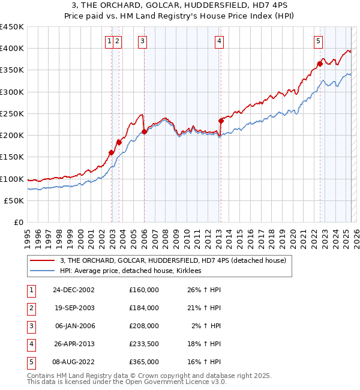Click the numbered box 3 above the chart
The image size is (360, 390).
click(143, 41)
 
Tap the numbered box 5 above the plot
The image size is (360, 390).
click(317, 41)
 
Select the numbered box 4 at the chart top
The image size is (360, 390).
click(220, 41)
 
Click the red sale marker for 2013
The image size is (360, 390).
click(221, 121)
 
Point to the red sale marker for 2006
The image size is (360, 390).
click(144, 132)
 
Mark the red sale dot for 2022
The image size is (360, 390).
click(320, 63)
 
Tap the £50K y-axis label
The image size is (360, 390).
click(14, 201)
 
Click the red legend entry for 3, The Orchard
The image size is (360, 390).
click(174, 260)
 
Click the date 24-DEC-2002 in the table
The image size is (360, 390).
click(74, 290)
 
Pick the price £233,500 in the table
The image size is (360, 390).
click(143, 344)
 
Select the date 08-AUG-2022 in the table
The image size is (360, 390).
click(74, 362)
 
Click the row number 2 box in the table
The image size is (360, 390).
click(31, 308)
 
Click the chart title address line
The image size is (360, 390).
click(180, 6)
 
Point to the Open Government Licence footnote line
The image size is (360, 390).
click(127, 381)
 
